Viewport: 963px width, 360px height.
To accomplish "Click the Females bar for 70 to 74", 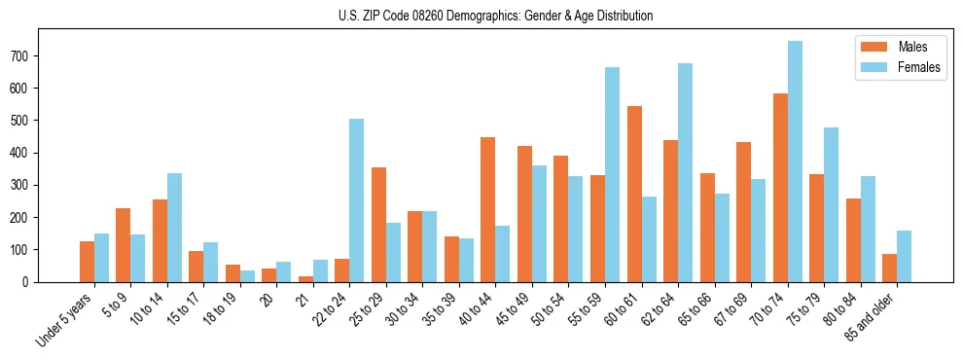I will (795, 162).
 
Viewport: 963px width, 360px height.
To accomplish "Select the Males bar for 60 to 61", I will (634, 194).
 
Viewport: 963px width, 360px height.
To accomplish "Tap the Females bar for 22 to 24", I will (357, 200).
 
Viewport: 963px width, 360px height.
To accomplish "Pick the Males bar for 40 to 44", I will (488, 209).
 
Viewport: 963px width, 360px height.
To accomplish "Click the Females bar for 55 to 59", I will (612, 174).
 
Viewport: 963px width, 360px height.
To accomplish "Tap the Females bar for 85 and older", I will (904, 256).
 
